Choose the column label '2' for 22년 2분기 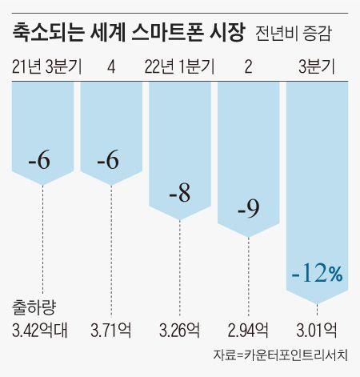[x=248, y=66]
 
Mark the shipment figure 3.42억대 [x=41, y=329]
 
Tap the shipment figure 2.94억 [x=248, y=329]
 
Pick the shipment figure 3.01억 [x=317, y=329]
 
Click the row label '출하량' [x=33, y=307]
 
